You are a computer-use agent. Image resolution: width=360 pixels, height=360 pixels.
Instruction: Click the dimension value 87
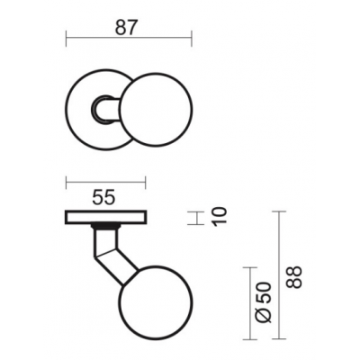(x=126, y=28)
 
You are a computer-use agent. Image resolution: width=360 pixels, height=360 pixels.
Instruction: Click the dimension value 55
(x=103, y=198)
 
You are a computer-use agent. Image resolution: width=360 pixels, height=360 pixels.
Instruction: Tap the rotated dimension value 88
(x=293, y=277)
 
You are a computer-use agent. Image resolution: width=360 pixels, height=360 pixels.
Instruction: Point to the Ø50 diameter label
(x=264, y=302)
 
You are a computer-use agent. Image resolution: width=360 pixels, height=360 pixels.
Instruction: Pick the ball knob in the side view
(x=156, y=302)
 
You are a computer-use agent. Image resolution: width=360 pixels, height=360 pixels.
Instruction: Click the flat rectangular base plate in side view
(x=106, y=217)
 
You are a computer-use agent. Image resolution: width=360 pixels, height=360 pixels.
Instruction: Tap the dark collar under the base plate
(x=106, y=226)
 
